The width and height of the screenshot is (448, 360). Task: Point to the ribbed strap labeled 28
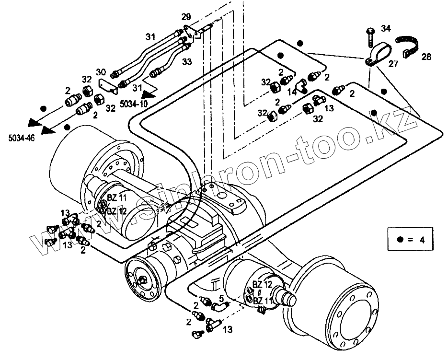point(408,46)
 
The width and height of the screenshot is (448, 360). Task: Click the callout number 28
point(426,57)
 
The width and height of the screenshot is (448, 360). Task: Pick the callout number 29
point(186,17)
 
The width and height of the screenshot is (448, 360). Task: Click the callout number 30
point(101,72)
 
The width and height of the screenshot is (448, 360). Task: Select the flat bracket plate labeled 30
point(108,86)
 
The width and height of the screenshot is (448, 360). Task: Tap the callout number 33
point(187,61)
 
